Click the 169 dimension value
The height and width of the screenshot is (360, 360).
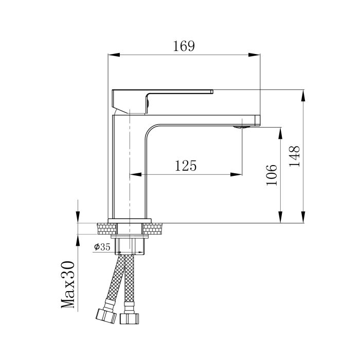tap(184, 46)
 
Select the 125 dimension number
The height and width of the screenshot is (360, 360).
tap(186, 166)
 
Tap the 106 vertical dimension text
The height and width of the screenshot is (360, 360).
tap(272, 175)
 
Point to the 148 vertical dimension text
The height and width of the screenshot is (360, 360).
tap(295, 156)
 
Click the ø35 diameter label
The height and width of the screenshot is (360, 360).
tap(102, 247)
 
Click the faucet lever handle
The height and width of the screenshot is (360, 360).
tap(165, 93)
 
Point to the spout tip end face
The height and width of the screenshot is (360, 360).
tap(259, 120)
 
